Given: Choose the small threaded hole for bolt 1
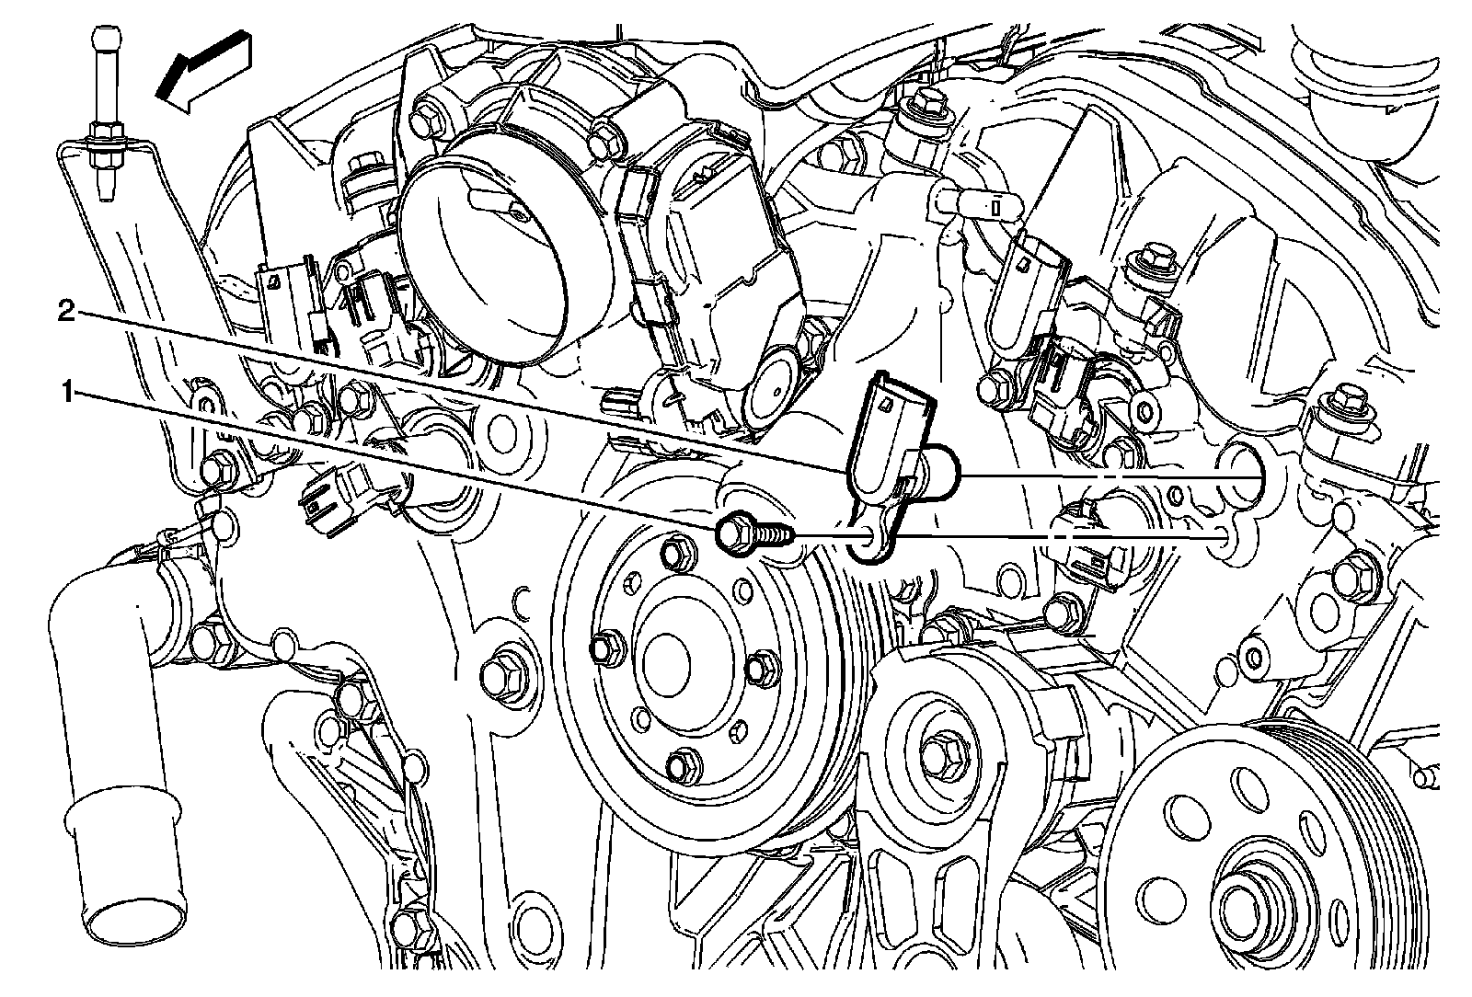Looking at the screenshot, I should [x=1221, y=539].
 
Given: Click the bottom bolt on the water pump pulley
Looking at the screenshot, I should [x=683, y=762].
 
